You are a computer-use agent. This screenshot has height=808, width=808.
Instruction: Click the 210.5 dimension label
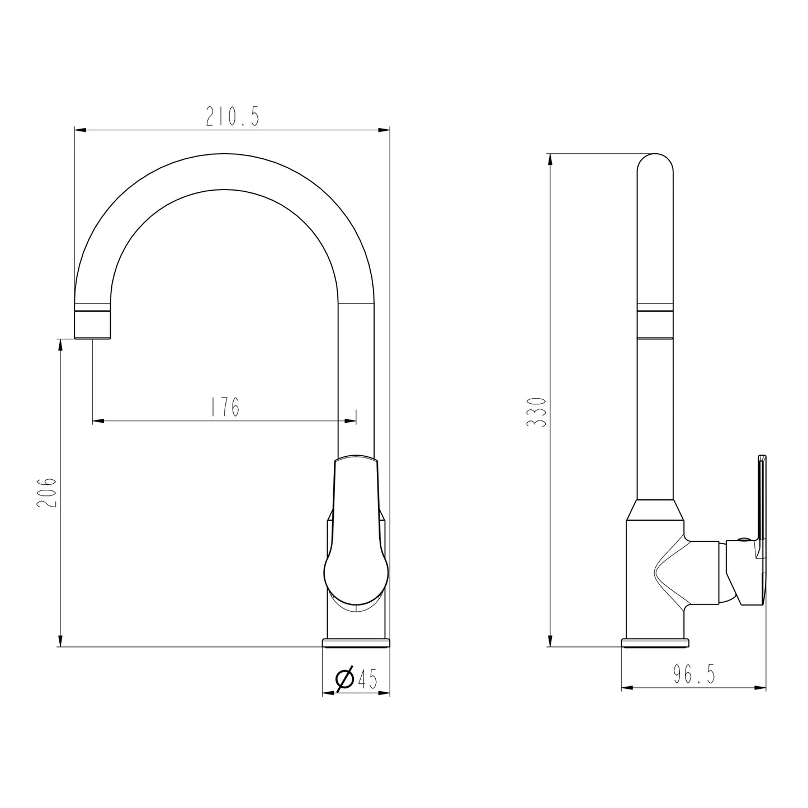click(232, 116)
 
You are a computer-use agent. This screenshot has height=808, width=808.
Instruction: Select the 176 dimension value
click(225, 407)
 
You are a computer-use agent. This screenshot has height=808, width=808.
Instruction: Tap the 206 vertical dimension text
click(47, 492)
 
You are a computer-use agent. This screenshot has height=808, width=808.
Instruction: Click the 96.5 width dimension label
click(694, 675)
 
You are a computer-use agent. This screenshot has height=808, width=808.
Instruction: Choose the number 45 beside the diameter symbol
click(367, 679)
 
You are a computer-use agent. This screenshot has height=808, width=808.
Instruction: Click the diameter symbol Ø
click(344, 679)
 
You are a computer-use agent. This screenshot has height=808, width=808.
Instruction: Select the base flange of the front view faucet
click(356, 642)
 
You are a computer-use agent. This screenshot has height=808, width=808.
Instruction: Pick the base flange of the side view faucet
click(655, 642)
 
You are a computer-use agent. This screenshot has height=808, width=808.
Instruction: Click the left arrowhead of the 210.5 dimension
click(81, 130)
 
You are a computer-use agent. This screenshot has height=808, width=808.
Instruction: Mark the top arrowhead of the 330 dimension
click(551, 159)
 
